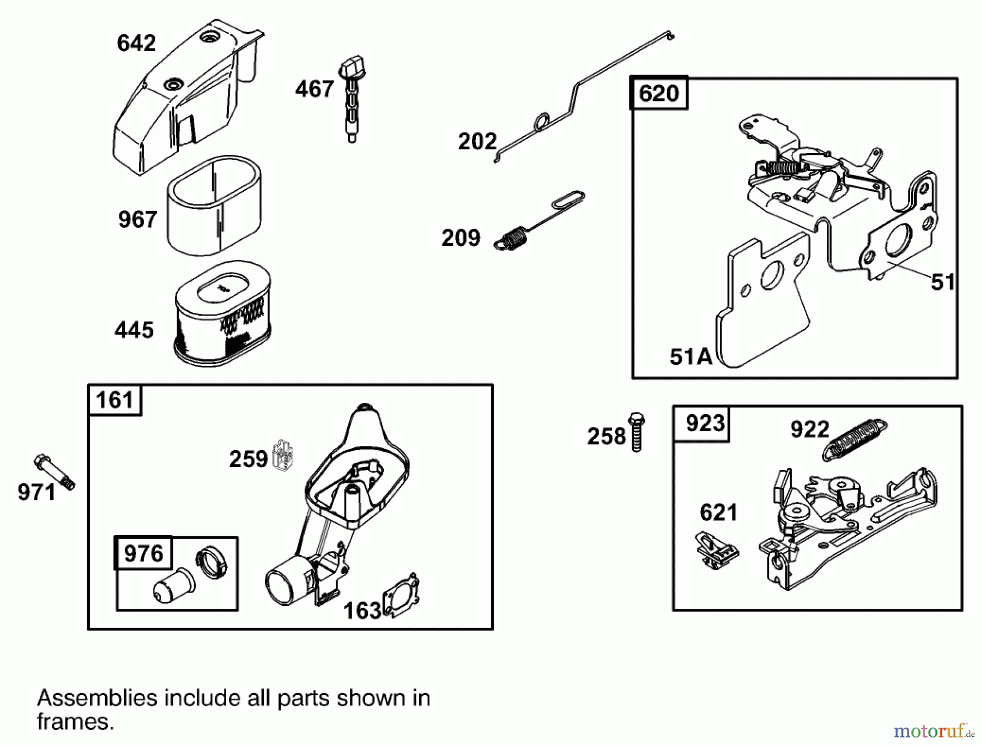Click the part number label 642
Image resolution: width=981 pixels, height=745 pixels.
[136, 43]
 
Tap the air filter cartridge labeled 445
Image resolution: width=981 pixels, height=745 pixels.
[222, 314]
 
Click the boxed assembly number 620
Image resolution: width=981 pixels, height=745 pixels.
[659, 93]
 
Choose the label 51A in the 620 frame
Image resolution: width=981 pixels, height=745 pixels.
[691, 356]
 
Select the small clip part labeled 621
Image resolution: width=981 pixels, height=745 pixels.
[716, 550]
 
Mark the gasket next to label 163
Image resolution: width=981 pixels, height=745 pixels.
[402, 595]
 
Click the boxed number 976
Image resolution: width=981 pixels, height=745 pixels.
[143, 553]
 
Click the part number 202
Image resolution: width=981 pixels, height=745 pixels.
[477, 142]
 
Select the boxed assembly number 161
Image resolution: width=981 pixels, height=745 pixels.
[114, 400]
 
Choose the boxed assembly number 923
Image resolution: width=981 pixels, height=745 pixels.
[705, 423]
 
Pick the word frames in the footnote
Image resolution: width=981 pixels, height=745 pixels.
[75, 722]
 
